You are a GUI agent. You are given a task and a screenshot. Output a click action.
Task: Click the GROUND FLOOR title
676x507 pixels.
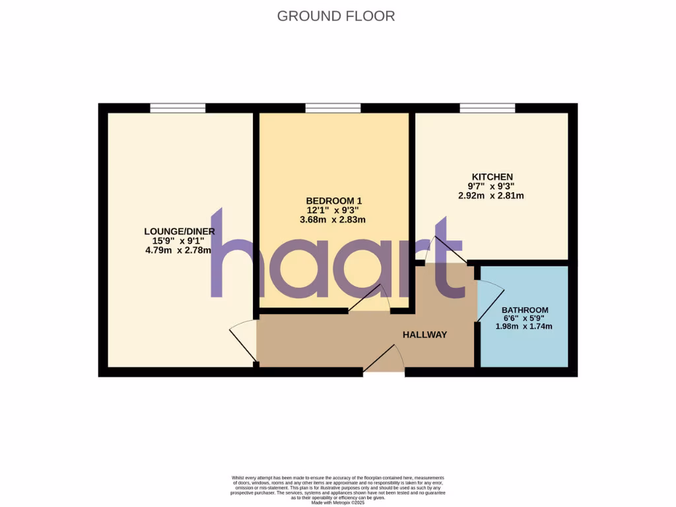tap(336, 16)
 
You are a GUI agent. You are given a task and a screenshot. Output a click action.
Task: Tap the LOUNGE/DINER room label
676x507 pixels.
tap(180, 231)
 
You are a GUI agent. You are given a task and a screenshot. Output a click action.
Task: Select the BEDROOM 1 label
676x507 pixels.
tap(334, 201)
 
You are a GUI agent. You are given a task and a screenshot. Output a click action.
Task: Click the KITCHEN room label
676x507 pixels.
tap(491, 177)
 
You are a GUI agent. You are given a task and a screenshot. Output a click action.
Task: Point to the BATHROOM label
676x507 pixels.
tap(525, 310)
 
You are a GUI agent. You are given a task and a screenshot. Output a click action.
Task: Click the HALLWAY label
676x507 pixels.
tap(425, 335)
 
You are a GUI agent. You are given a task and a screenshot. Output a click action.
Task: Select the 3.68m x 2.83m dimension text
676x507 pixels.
tap(334, 220)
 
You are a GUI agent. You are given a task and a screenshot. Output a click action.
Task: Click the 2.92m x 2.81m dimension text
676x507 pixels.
tap(491, 195)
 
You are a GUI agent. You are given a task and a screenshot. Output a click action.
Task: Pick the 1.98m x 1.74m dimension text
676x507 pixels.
tap(524, 326)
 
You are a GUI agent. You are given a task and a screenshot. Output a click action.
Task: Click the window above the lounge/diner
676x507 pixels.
tap(178, 108)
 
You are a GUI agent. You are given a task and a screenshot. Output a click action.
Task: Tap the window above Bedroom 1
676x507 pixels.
tap(333, 108)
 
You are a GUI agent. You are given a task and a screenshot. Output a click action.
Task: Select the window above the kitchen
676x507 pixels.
tap(488, 108)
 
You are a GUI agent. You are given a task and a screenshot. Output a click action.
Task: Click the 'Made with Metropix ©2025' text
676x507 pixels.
tap(337, 502)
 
